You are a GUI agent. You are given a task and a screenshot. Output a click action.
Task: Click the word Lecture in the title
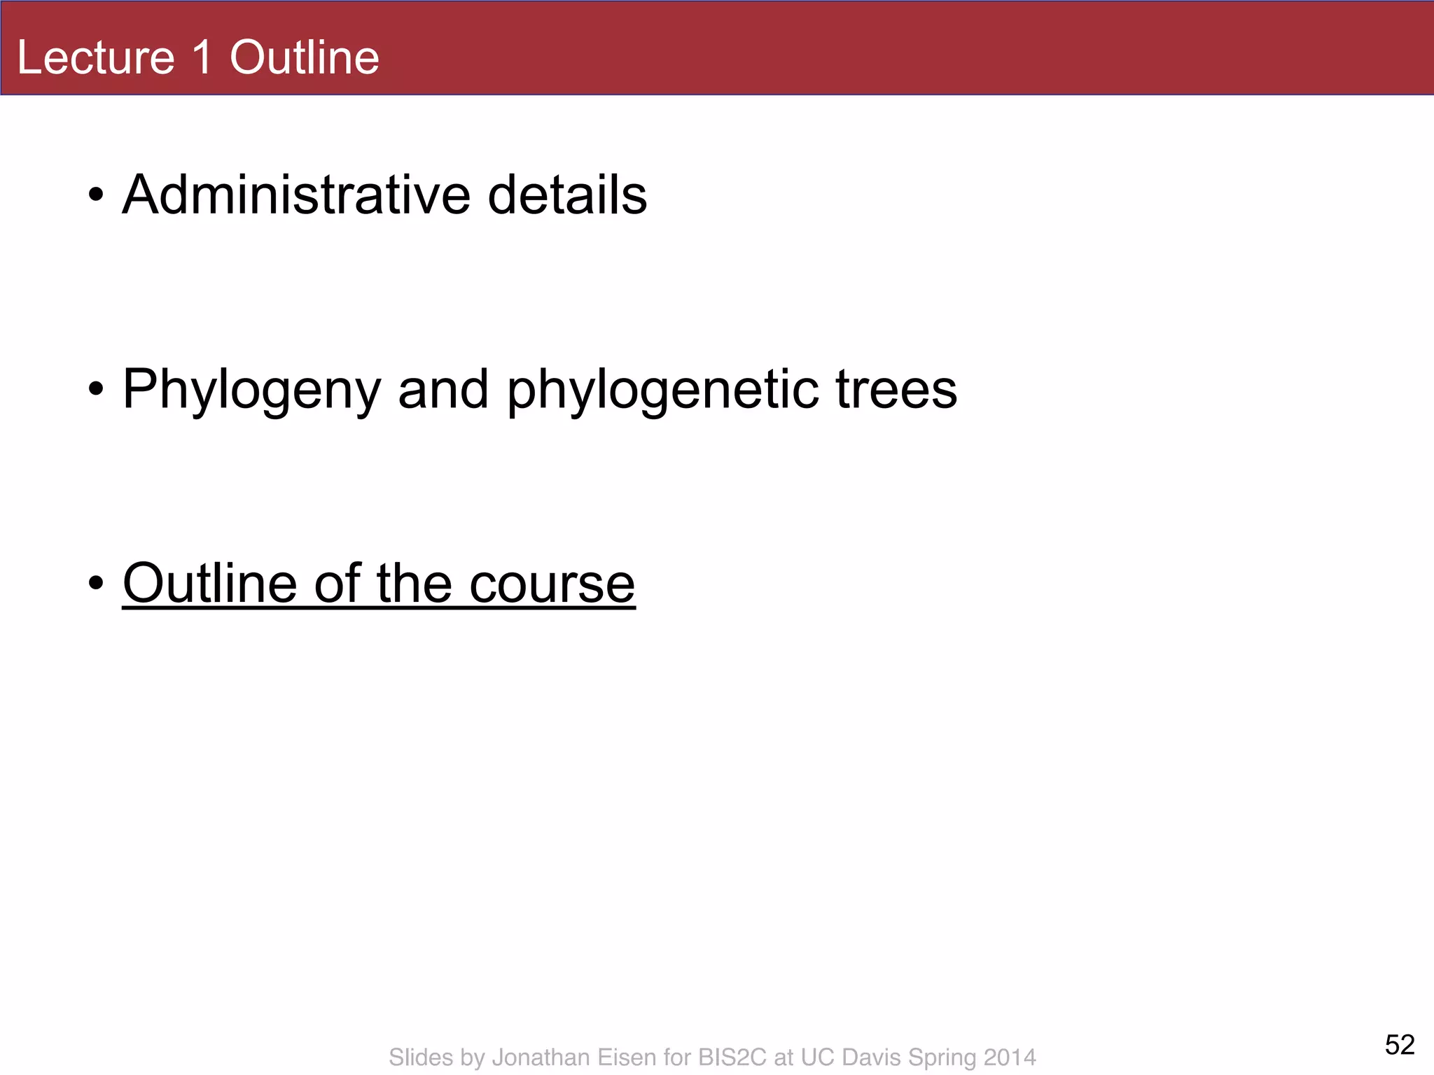[96, 57]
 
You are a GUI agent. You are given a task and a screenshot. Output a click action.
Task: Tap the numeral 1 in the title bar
[202, 57]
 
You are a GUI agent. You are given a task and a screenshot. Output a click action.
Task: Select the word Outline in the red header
[305, 57]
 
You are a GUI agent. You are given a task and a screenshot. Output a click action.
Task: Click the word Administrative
[296, 195]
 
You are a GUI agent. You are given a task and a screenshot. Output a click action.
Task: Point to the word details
[567, 195]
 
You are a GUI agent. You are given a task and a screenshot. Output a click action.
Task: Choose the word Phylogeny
[251, 391]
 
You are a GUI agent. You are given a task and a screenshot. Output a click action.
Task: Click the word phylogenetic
[662, 391]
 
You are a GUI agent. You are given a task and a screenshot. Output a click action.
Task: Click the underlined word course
[552, 584]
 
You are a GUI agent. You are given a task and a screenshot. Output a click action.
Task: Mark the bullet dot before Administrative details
[97, 195]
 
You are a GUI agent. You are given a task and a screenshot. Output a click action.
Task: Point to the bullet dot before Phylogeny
[97, 389]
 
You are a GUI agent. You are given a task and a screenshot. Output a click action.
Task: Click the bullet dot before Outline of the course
[97, 583]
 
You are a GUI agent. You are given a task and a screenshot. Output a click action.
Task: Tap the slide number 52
[1400, 1045]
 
